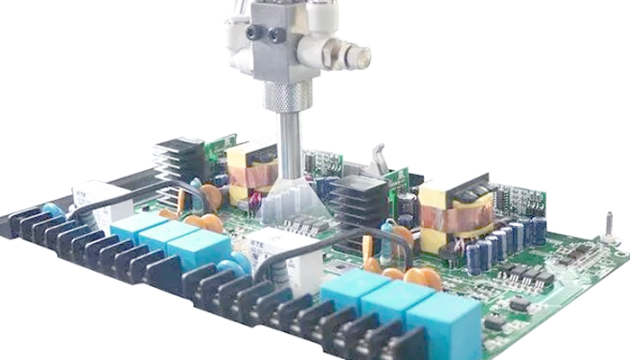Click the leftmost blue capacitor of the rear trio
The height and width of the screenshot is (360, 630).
[135, 224]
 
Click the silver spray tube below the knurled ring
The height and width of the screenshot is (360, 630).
[288, 144]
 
